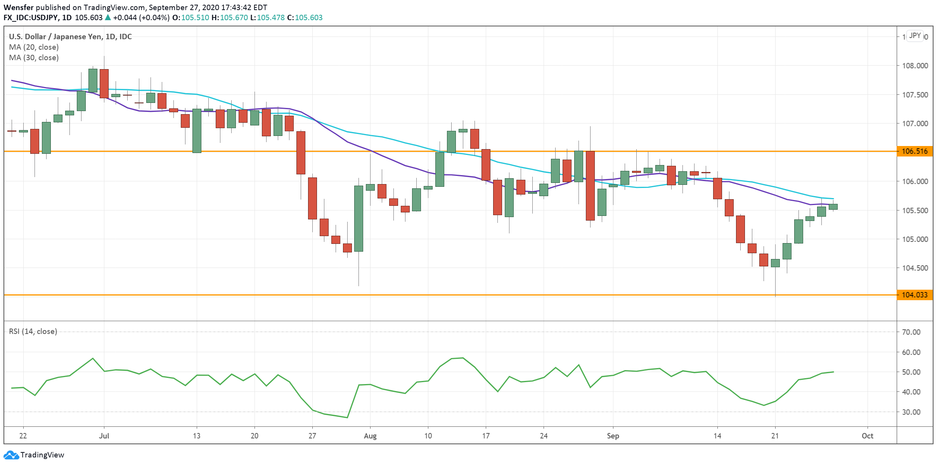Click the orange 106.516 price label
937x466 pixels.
[x=914, y=151]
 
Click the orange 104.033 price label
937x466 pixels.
[x=914, y=295]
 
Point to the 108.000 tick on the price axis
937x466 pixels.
[x=914, y=66]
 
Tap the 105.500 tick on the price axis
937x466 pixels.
[x=914, y=210]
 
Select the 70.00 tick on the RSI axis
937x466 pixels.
[x=911, y=332]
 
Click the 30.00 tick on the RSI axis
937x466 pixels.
[x=911, y=412]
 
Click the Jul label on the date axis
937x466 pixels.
[x=104, y=436]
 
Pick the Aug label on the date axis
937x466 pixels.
[x=370, y=436]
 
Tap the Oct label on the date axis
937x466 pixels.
[x=867, y=436]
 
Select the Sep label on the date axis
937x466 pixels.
[x=613, y=436]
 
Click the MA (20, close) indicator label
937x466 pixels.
[x=34, y=47]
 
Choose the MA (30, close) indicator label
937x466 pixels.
[x=34, y=58]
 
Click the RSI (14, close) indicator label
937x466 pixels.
[x=33, y=332]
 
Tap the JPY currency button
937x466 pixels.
[x=915, y=36]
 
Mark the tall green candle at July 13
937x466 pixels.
[x=197, y=130]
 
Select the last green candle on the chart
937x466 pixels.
[x=833, y=207]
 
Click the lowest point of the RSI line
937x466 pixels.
[x=347, y=418]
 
